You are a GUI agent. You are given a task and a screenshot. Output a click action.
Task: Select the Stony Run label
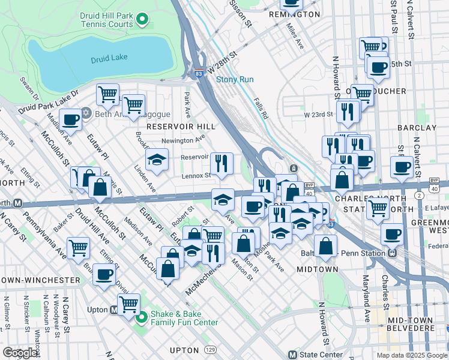pos(235,79)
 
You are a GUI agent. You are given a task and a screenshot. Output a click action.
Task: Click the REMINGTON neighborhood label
pos(294,14)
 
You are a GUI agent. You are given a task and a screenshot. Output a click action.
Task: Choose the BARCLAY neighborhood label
pos(417,128)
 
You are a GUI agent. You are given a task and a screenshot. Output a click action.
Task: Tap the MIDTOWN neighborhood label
pos(318,269)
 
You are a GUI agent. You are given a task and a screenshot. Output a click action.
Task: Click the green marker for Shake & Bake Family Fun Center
pos(142,317)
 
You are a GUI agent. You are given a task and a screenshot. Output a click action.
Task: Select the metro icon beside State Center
pos(292,355)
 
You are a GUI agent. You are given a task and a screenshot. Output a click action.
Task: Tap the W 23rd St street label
pos(318,114)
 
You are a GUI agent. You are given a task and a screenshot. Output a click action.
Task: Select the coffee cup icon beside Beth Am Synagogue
pos(70,120)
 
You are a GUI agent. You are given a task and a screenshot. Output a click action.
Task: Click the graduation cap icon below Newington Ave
pos(157,160)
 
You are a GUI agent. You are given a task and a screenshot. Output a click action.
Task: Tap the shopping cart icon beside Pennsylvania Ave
pos(79,247)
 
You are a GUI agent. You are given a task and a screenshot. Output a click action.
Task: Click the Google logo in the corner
pos(20,353)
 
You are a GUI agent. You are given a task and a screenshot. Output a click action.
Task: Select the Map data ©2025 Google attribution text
pos(411,355)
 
